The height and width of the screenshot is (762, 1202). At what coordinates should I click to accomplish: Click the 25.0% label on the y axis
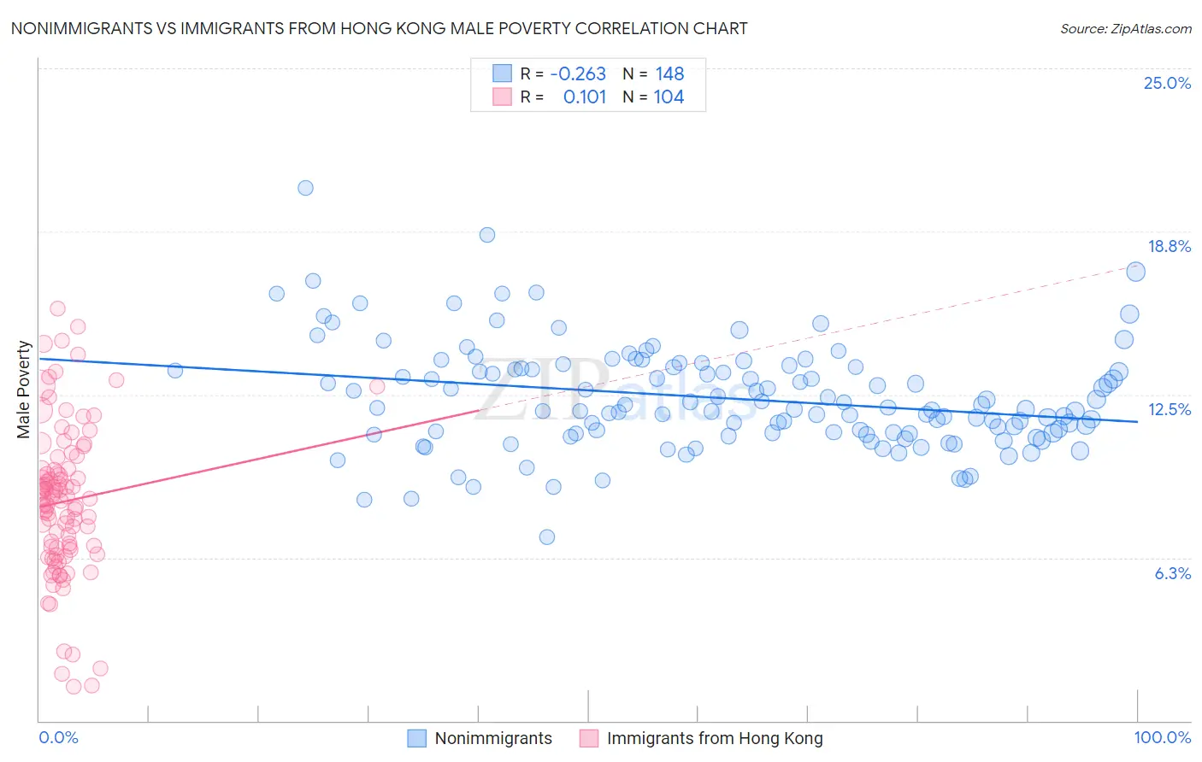click(1167, 83)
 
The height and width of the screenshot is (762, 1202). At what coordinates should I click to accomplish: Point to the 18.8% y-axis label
click(1169, 246)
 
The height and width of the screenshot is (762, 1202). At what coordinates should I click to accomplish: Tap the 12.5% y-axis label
click(1169, 409)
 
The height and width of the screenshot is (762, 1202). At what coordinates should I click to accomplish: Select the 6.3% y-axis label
click(1172, 573)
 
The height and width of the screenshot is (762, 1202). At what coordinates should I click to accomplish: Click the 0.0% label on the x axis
click(58, 737)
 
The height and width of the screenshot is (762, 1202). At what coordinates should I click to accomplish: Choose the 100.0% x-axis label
click(1162, 737)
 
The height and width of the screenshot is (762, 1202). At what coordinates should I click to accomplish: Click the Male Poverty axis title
click(24, 389)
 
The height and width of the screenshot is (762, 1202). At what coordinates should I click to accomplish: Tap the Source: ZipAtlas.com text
click(1125, 28)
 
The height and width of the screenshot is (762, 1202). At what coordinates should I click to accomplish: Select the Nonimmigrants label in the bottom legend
click(493, 738)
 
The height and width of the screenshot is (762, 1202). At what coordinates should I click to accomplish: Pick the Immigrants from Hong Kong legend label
click(715, 738)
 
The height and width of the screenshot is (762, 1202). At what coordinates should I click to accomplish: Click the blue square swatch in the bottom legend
click(416, 738)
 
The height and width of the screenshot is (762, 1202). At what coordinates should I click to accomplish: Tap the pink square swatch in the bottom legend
click(589, 738)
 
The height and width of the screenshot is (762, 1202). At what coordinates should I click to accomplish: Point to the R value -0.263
click(578, 73)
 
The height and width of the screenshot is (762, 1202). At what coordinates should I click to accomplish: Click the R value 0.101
click(585, 97)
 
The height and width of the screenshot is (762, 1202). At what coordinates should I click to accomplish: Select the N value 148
click(669, 73)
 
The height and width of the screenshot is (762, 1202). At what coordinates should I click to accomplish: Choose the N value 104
click(669, 97)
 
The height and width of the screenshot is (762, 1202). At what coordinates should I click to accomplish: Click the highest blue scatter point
click(305, 188)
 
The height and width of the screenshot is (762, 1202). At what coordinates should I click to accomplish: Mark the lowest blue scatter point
click(547, 536)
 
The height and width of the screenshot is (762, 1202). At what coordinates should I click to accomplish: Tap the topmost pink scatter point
click(57, 308)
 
